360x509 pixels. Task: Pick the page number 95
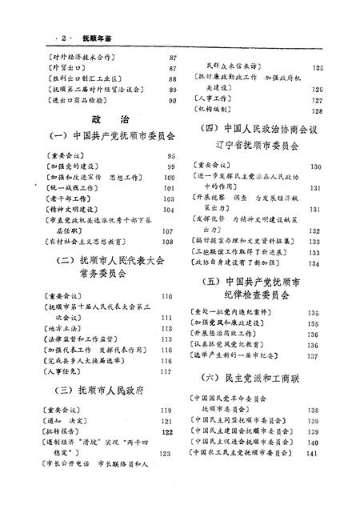[x=170, y=157]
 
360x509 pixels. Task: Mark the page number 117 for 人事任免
[x=166, y=371]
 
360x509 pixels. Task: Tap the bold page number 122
[x=167, y=431]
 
